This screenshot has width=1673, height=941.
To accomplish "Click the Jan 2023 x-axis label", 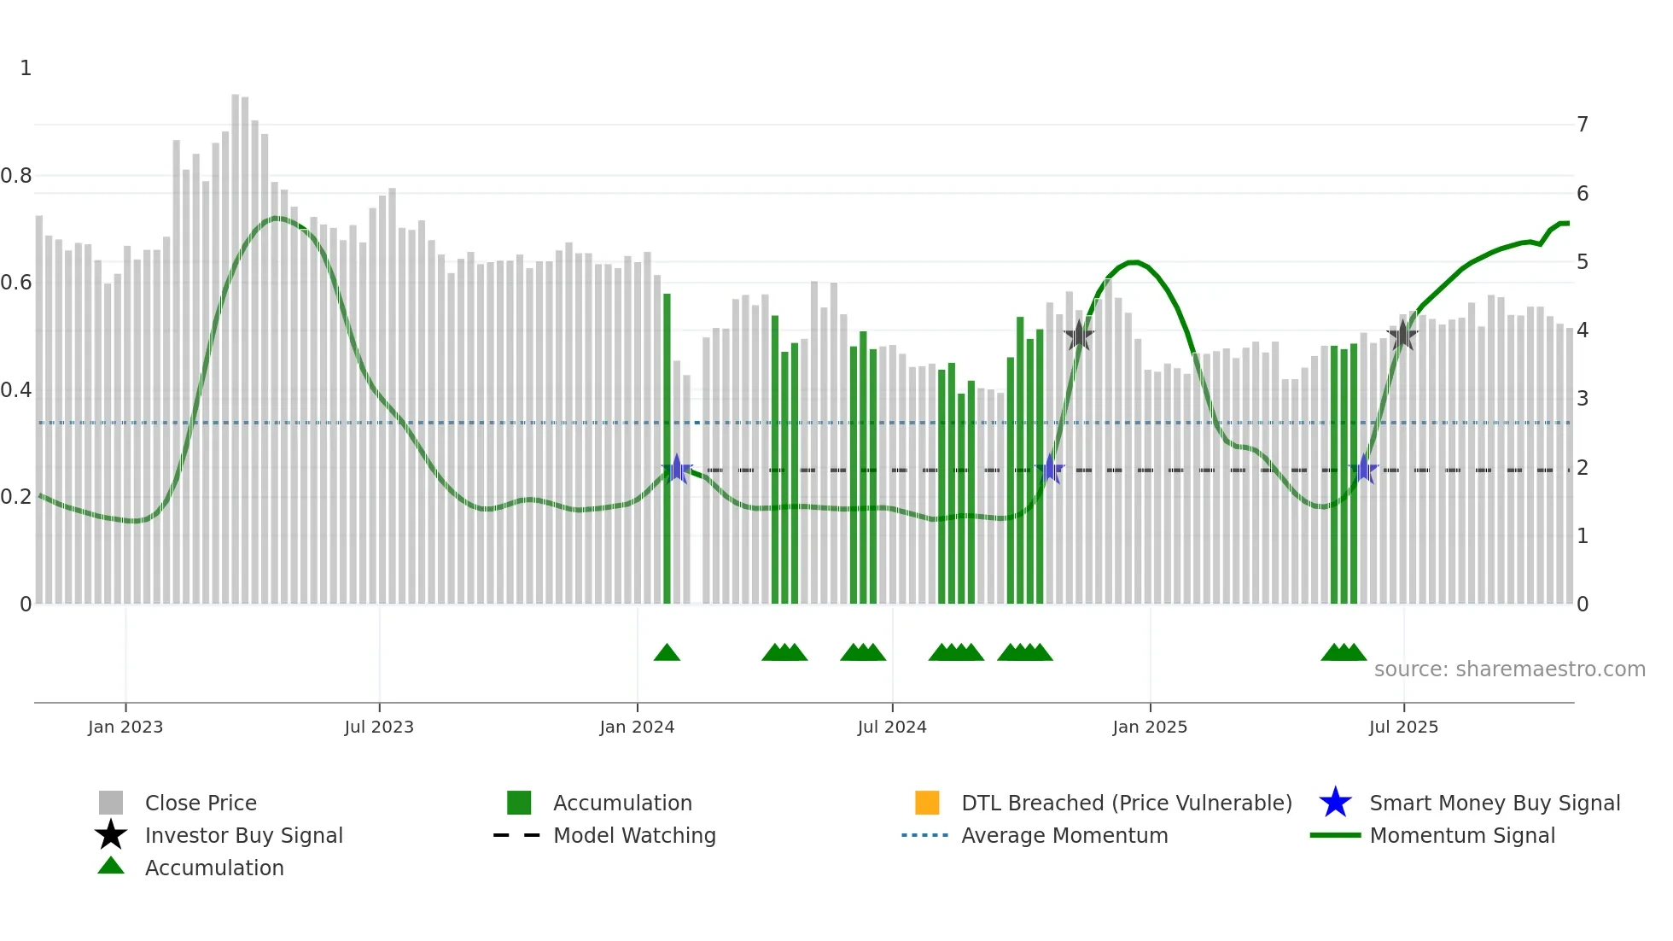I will coord(125,727).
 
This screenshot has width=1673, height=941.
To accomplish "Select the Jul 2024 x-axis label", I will coord(891,727).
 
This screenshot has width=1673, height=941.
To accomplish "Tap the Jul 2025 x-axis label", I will coord(1403,727).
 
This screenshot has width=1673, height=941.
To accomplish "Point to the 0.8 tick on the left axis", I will coord(16,176).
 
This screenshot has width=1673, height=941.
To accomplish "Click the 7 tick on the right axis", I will coord(1582,125).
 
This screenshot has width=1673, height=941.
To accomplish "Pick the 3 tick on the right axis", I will coord(1582,399).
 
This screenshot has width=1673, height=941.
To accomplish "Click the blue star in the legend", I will coord(1335,803).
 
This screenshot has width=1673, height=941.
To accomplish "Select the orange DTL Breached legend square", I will coord(927,803).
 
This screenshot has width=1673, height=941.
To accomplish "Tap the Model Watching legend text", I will coord(634,835).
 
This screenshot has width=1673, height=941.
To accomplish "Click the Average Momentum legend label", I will coord(1064,835).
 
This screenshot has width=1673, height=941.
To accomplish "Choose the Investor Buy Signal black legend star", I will coord(111,835).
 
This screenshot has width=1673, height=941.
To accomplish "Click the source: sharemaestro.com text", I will coord(1509,669).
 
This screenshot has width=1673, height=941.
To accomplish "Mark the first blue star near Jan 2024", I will coord(677,469).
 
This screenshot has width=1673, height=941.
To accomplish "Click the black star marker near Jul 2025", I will coord(1402,335).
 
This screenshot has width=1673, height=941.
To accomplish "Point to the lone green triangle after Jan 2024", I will coord(667,653).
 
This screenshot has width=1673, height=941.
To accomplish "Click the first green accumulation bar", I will coord(667,448).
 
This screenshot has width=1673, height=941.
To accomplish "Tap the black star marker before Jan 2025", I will coord(1079,335).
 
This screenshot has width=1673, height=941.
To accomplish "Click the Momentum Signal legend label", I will coord(1461,835).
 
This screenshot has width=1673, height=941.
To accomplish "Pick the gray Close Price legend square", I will coord(111,803).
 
